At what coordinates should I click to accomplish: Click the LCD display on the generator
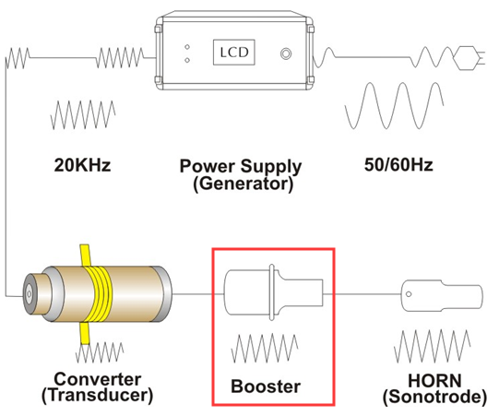point(234,53)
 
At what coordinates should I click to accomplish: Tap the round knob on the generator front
point(286,53)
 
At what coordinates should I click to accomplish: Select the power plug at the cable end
point(469,58)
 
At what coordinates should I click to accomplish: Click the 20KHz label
point(82,165)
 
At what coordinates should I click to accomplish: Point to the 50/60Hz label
point(398,165)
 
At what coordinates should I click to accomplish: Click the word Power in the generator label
point(208,166)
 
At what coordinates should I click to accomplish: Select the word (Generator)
point(243,184)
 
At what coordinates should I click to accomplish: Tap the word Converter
point(98,379)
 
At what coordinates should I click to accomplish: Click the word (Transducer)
point(98,396)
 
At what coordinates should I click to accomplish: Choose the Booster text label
point(266,386)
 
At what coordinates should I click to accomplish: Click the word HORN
point(434,381)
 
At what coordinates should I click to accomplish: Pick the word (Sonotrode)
point(434,397)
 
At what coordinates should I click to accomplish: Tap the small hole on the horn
point(409,294)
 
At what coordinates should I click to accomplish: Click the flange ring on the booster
point(272,292)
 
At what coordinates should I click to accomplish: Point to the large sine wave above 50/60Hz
point(395,106)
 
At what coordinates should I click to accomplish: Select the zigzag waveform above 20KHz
point(83,115)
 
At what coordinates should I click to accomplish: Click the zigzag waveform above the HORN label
point(433,346)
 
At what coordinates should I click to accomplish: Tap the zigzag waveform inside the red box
point(265,349)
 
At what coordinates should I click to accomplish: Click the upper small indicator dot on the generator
point(187,47)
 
